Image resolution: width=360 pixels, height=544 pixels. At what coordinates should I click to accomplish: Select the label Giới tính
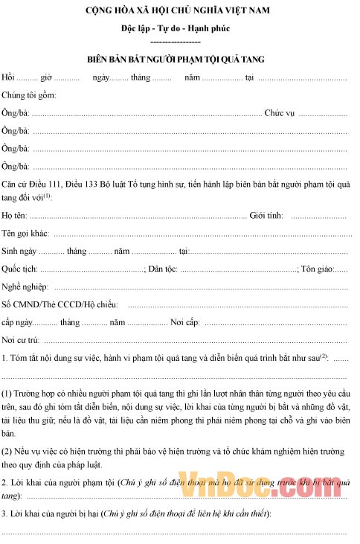point(266,216)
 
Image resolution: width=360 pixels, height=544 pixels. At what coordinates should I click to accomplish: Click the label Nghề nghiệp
point(26,287)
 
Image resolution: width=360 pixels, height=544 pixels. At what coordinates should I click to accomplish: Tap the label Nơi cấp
point(185,323)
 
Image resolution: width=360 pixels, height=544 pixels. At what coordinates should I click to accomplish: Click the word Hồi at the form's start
point(9,77)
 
